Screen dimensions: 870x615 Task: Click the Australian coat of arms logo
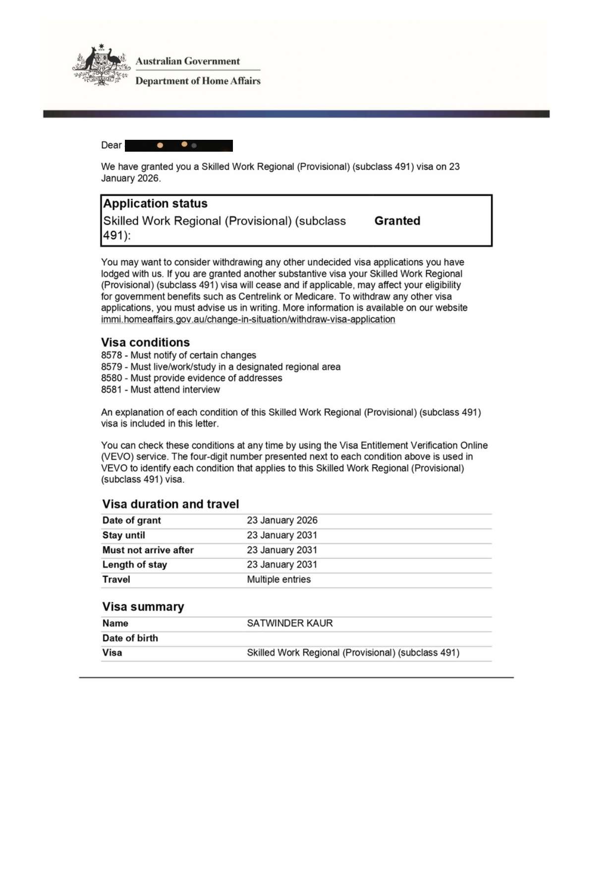coord(101,65)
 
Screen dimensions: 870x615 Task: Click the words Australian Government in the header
coord(187,61)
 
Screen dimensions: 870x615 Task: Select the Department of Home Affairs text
coord(198,81)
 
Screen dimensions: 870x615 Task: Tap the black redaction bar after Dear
coord(178,145)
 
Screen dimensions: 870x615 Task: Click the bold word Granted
coord(397,221)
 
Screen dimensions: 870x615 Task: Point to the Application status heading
coord(155,203)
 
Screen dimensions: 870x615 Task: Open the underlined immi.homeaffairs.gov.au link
coord(248,319)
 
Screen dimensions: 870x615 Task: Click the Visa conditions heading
coord(145,342)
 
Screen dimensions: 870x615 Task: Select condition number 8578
coord(111,355)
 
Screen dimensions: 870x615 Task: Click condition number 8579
coord(111,367)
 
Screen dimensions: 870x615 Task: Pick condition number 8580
coord(111,378)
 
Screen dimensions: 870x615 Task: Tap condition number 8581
coord(111,390)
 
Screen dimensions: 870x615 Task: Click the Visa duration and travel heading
coord(170,504)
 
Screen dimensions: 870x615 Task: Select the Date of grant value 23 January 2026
coord(282,520)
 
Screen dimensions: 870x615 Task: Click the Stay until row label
coord(123,535)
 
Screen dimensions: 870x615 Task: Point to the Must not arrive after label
coord(148,550)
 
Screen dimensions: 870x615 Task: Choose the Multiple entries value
coord(279,579)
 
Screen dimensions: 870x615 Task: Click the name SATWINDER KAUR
coord(289,623)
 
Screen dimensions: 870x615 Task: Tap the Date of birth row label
coord(130,638)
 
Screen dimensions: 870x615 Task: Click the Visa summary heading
coord(143,606)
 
